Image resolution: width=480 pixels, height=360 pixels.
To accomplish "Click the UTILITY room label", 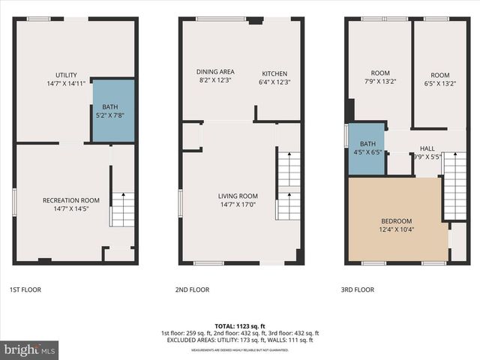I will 66,79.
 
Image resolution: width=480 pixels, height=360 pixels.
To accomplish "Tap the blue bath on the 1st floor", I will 113,110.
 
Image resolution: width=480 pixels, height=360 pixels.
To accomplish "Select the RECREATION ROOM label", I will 71,205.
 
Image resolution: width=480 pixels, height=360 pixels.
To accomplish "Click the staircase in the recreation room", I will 123,208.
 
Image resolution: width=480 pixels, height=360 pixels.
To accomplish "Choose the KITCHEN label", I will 274,76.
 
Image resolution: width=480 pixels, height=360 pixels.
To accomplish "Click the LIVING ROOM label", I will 238,200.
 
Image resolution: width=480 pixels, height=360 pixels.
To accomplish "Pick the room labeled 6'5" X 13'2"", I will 440,79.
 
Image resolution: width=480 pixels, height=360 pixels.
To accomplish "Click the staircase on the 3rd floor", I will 454,184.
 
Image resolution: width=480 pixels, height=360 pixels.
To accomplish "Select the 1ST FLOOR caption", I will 26,289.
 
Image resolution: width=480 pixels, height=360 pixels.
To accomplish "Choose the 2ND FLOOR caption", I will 192,289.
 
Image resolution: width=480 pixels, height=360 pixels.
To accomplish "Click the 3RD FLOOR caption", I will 358,289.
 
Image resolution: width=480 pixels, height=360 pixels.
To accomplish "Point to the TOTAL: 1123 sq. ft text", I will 239,326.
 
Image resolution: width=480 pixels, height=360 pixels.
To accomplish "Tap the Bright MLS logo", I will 29,349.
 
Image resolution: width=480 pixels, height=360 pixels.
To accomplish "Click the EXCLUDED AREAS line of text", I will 239,340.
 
